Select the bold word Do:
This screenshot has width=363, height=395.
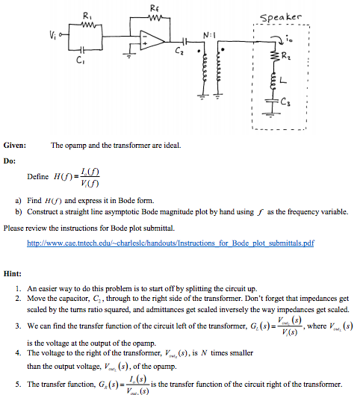[10, 159]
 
